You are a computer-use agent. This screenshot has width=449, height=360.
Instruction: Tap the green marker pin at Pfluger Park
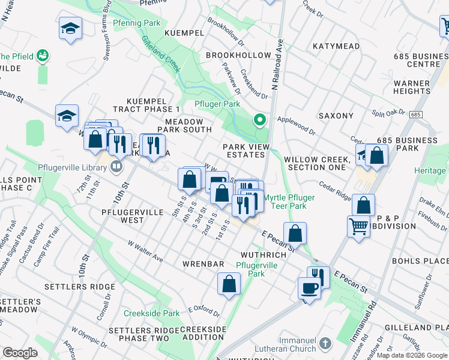pos(259,120)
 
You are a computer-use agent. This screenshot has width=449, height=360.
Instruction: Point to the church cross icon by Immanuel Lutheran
pos(325,344)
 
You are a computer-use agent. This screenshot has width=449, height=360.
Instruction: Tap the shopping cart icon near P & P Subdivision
pos(358,226)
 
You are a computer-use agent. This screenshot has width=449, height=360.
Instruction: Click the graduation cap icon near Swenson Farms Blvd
pos(70,28)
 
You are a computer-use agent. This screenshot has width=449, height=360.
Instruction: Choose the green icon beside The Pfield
pos(42,56)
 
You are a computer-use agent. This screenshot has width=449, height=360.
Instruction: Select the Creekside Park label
pos(151,313)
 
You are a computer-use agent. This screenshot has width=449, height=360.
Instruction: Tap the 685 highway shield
pos(417,114)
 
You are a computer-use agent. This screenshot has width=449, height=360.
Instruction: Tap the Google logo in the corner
pos(20,353)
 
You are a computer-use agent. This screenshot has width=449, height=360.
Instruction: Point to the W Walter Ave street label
pos(145,251)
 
